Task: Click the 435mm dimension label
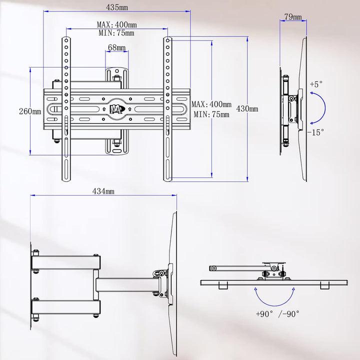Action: (x=116, y=7)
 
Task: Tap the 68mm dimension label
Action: (x=116, y=47)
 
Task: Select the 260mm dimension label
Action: (x=30, y=111)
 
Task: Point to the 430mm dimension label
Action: (x=247, y=108)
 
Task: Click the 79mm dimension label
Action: (x=293, y=16)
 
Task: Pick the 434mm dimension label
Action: (x=103, y=191)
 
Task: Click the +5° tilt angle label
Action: (x=316, y=84)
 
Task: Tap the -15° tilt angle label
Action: (x=315, y=132)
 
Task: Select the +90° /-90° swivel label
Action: (x=277, y=314)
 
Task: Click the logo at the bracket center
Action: (x=117, y=109)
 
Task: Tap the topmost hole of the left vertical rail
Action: (x=66, y=40)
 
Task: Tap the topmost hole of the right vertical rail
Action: (x=167, y=40)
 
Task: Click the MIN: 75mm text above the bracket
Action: (x=116, y=33)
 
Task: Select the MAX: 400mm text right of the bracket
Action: (x=211, y=104)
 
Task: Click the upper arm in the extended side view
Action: (x=66, y=262)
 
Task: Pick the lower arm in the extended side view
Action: (x=66, y=307)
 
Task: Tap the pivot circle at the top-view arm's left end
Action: (x=214, y=268)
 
